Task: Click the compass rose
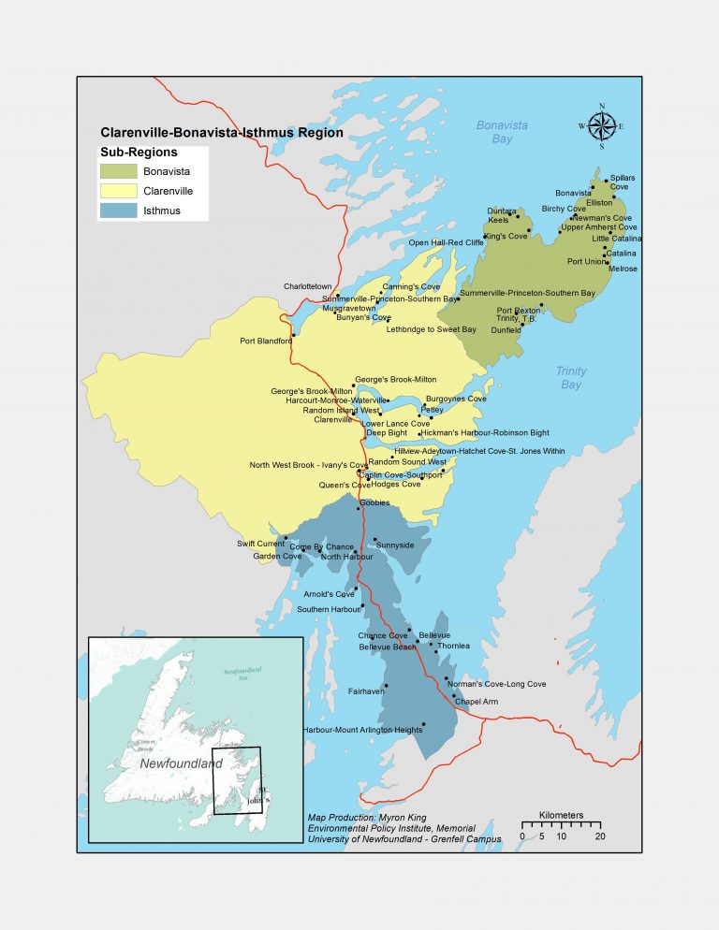[601, 125]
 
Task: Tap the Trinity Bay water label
[569, 378]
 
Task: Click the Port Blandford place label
[266, 341]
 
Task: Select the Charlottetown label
[308, 286]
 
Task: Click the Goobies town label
[374, 502]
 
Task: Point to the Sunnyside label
[395, 545]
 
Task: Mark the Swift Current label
[258, 544]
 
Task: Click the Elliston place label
[599, 202]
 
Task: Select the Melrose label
[623, 269]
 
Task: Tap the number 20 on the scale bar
[599, 836]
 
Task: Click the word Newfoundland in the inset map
[181, 763]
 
